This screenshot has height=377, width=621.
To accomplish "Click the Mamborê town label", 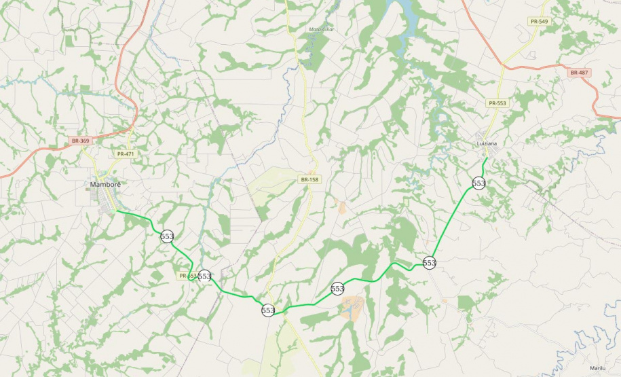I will [x=105, y=185].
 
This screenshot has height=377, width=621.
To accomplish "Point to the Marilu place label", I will [x=597, y=367].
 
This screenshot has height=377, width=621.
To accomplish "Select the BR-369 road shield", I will [x=80, y=141].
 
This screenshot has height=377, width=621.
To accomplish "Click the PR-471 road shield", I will [x=126, y=154].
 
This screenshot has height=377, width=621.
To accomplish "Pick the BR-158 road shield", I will [x=309, y=179].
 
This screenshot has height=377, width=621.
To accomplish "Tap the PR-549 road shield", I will [x=540, y=22].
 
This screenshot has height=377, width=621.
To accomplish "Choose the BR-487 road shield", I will [x=580, y=73].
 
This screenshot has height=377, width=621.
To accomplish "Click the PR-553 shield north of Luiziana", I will [x=497, y=103].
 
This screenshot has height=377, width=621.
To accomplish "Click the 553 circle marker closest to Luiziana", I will [x=478, y=183].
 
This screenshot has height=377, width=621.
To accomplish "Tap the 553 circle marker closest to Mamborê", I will [x=167, y=236].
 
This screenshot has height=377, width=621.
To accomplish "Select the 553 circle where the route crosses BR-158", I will [x=268, y=310].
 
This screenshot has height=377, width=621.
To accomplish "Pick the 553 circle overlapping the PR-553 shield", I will [x=204, y=276].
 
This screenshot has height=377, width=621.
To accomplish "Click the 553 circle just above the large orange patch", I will [x=337, y=289].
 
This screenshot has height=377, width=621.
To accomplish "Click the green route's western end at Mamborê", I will [x=117, y=211].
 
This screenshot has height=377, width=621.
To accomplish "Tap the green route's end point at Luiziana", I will [x=487, y=158].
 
